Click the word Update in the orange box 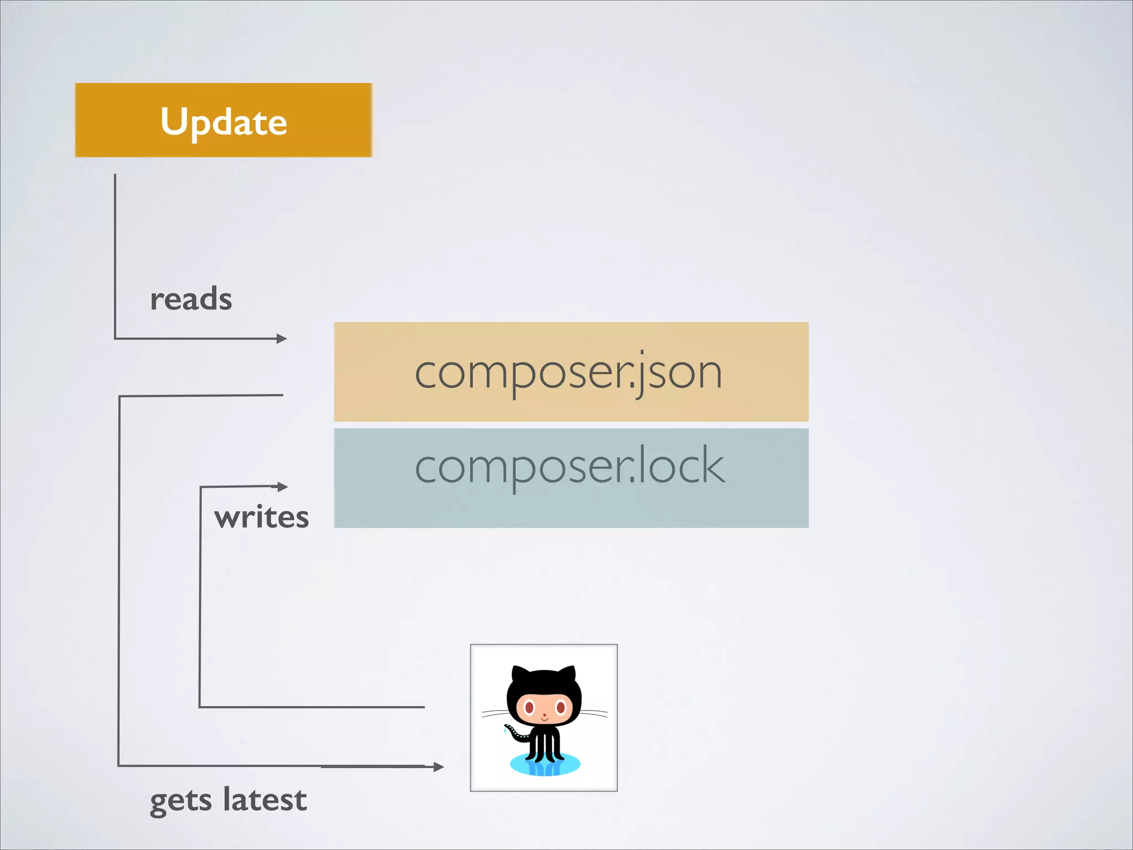(x=224, y=121)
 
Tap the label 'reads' (x=191, y=299)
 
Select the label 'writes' (x=261, y=517)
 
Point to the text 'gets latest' (x=228, y=800)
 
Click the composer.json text (x=569, y=372)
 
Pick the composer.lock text (x=570, y=467)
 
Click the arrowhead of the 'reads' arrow (x=282, y=338)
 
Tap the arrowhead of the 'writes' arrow (x=283, y=486)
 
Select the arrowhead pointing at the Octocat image (x=439, y=766)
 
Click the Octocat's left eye (x=529, y=707)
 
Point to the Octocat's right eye (x=560, y=707)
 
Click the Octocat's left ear (x=520, y=675)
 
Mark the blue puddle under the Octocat (x=545, y=766)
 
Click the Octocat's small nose (x=544, y=715)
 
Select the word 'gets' (x=181, y=801)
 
